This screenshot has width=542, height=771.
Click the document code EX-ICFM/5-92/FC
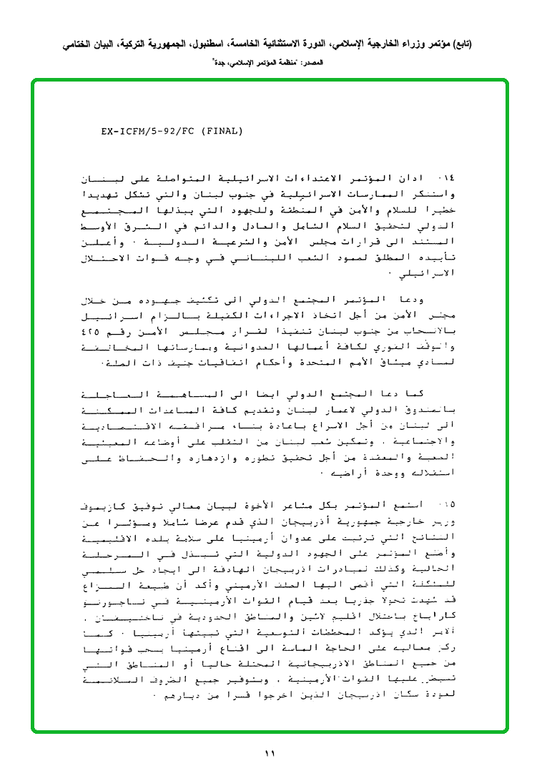(147, 132)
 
